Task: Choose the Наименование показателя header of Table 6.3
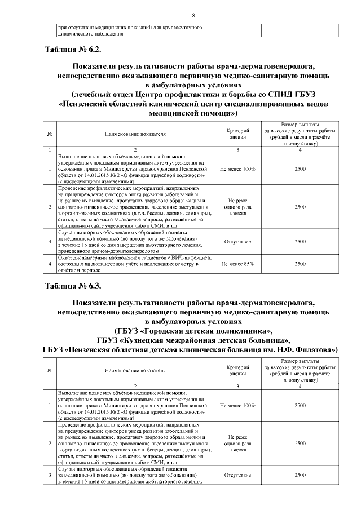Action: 135,370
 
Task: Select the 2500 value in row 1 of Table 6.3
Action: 300,405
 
